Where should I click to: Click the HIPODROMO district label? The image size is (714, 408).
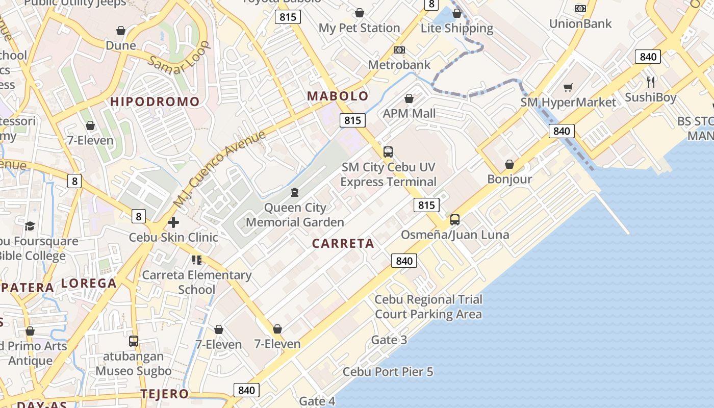click(x=155, y=101)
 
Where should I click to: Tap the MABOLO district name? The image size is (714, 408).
click(x=338, y=96)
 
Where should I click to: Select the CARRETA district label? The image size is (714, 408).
click(x=343, y=244)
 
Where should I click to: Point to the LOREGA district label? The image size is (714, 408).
click(x=89, y=283)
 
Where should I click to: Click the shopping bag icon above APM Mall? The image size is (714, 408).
click(x=409, y=98)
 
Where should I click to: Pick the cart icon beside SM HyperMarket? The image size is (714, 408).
click(x=568, y=88)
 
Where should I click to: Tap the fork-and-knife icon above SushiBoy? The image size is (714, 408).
click(x=651, y=82)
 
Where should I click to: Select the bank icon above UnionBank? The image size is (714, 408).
click(x=580, y=9)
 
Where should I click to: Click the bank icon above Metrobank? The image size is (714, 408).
click(x=399, y=50)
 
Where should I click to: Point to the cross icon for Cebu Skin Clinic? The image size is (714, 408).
click(x=173, y=222)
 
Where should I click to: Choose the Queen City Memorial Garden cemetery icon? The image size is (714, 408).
click(x=294, y=192)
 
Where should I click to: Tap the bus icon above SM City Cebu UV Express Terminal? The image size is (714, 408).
click(x=388, y=151)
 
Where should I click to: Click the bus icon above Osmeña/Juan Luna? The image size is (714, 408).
click(x=455, y=220)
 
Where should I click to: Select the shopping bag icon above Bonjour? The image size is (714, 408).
click(x=509, y=164)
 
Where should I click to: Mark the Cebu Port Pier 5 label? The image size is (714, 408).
click(x=388, y=372)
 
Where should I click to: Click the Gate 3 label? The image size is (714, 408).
click(x=389, y=340)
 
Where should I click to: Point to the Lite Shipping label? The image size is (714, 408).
click(x=457, y=28)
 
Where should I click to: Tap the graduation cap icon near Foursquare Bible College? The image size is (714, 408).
click(x=30, y=225)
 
